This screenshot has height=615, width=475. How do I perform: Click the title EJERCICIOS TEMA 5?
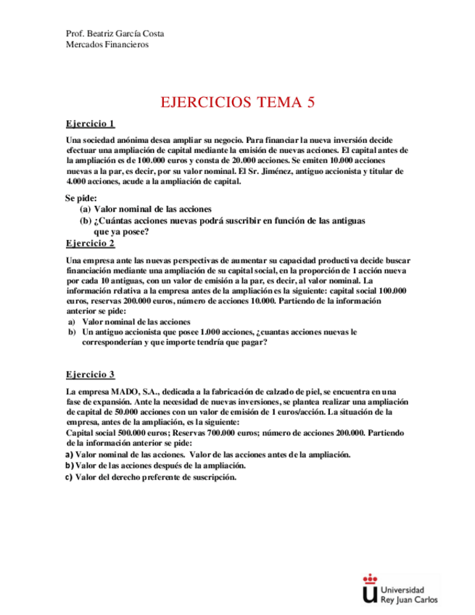[238, 102]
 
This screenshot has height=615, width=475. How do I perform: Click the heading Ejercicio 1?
[90, 124]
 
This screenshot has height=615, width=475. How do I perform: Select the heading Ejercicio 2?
[90, 243]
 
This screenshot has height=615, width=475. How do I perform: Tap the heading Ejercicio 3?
[90, 375]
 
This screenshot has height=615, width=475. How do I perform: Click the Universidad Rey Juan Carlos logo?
[400, 588]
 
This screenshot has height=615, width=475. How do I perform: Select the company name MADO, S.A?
[146, 392]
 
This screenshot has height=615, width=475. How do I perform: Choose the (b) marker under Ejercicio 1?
[85, 220]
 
